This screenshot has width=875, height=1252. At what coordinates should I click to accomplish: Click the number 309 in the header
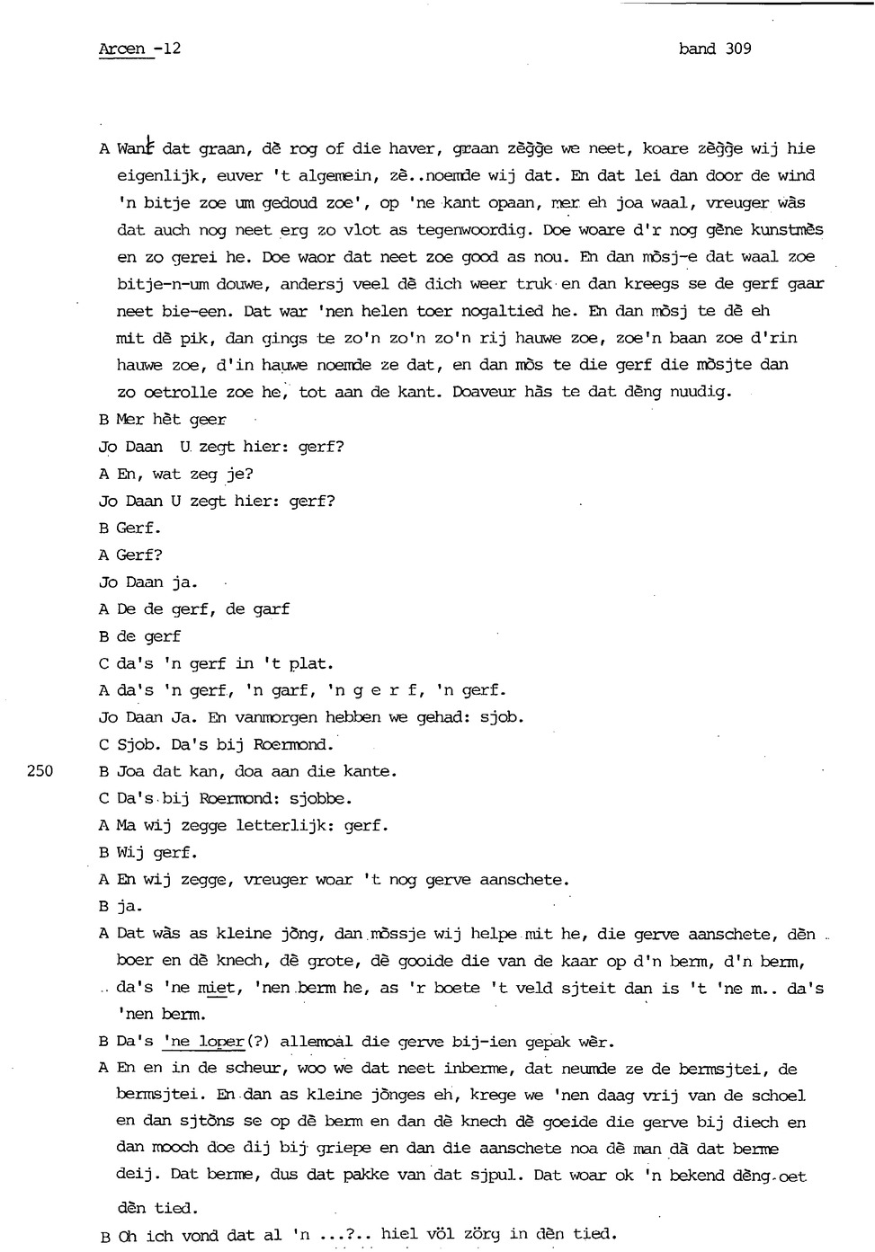(737, 49)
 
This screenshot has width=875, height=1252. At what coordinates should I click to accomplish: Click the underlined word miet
(216, 988)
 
